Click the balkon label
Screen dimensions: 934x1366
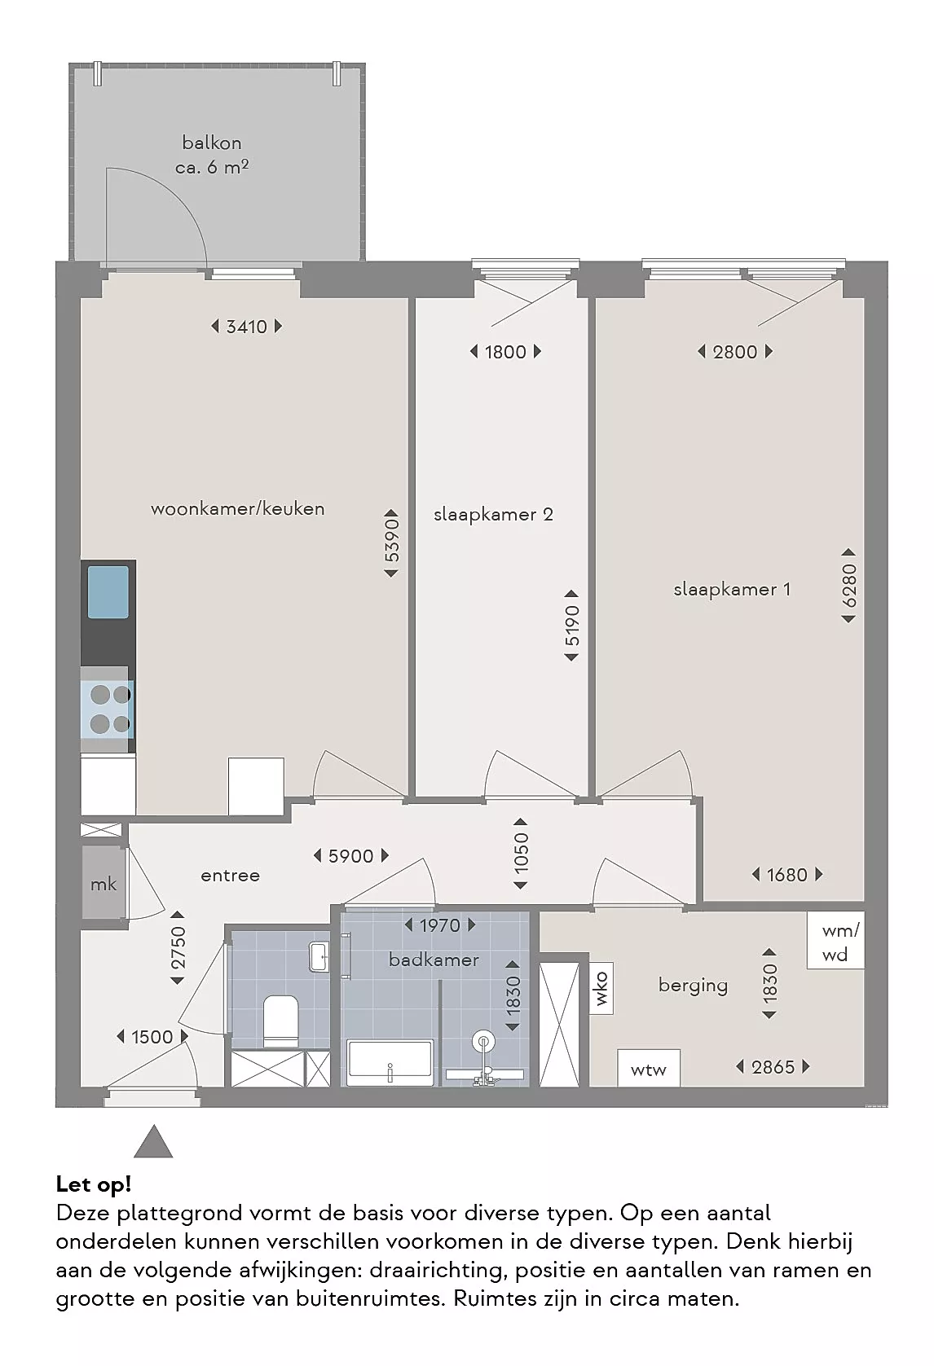[x=212, y=143]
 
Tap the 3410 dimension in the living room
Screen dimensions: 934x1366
[x=246, y=327]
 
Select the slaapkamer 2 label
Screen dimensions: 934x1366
[x=493, y=515]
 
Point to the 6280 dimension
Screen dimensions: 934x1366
[x=848, y=586]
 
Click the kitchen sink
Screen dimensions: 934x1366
[x=108, y=591]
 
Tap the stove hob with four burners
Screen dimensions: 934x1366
[x=108, y=709]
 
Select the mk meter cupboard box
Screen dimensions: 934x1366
[x=104, y=882]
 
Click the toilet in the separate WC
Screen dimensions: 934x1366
[x=280, y=1021]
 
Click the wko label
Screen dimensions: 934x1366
[x=601, y=988]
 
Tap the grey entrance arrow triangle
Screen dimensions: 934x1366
[x=153, y=1141]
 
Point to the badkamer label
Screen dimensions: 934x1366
[x=434, y=960]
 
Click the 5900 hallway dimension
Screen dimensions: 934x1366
[x=350, y=856]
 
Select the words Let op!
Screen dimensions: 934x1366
[x=94, y=1184]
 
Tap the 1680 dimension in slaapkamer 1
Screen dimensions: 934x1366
[x=787, y=875]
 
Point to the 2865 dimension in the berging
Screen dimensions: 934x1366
[x=773, y=1067]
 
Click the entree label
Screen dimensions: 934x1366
[x=230, y=876]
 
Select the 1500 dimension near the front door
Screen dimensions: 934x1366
[x=152, y=1037]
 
